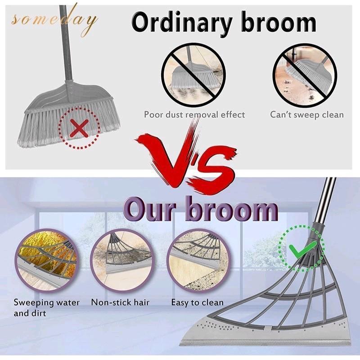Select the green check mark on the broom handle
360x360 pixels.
pos(298,249)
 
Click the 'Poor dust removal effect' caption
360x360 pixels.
pos(194,114)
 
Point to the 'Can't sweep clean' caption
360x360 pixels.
pos(307,114)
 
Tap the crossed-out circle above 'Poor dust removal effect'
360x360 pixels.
pos(193,73)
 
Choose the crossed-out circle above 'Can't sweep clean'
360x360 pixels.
pos(305,73)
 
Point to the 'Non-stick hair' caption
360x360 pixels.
pos(120,302)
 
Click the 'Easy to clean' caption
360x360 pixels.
pos(197,302)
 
